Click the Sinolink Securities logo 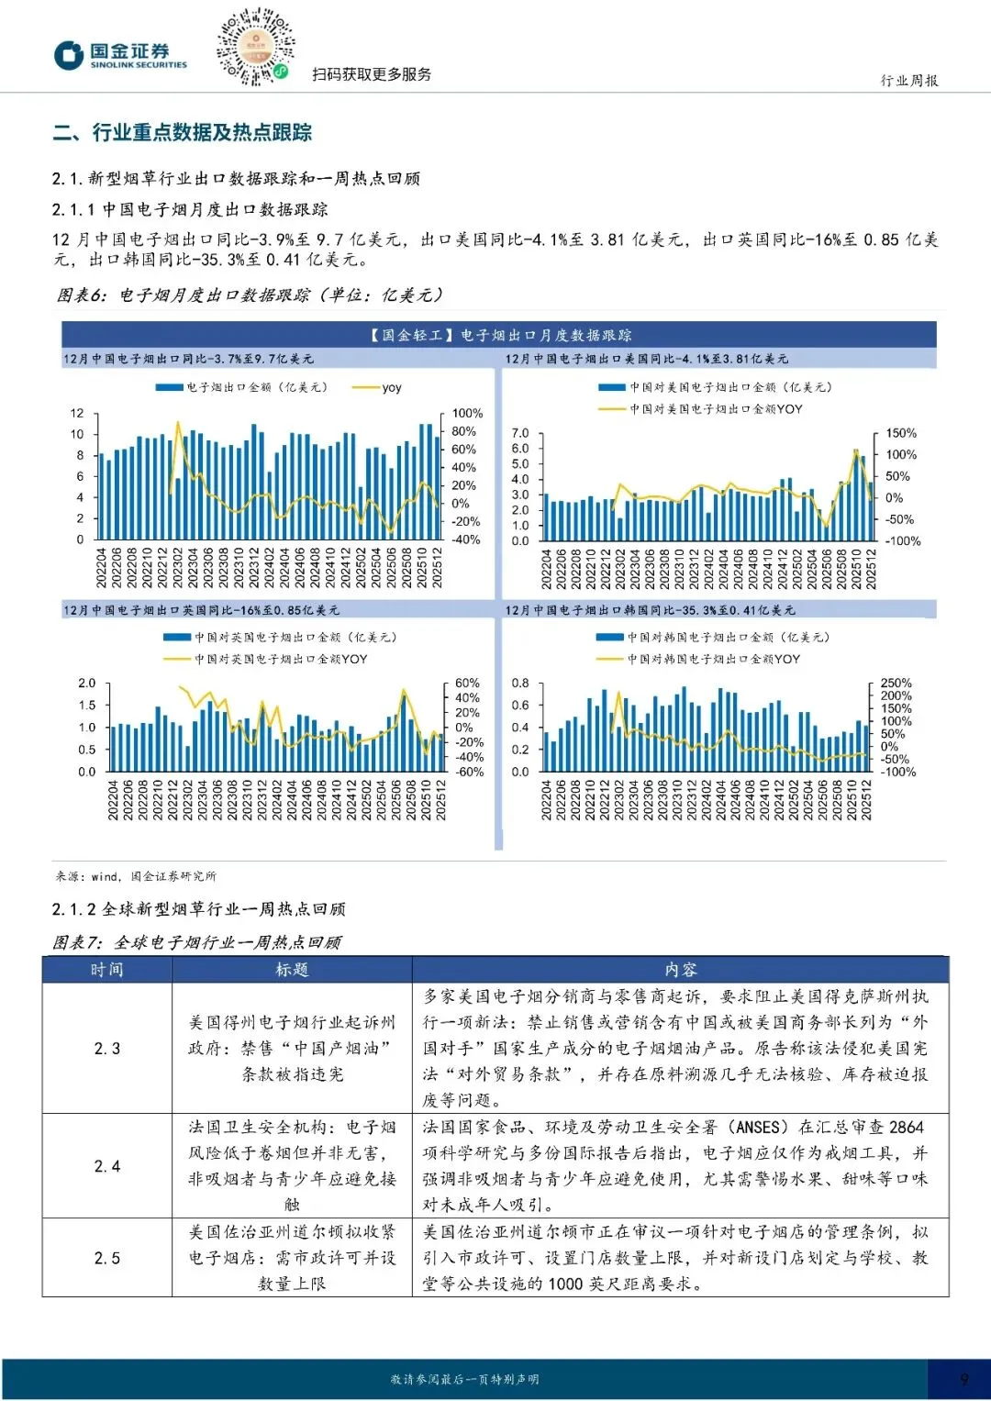(119, 55)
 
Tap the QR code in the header (255, 46)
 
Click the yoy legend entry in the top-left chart (391, 388)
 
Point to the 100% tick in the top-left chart (467, 414)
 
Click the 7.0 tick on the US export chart (520, 433)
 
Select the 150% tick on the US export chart (901, 433)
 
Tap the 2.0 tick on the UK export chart (86, 684)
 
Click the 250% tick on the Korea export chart (896, 684)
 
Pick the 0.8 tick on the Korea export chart (520, 684)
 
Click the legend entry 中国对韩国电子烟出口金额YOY (713, 659)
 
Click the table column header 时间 (106, 970)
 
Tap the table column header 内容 (680, 970)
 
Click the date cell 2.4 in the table (106, 1166)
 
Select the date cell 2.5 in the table (106, 1258)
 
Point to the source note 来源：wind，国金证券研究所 (136, 876)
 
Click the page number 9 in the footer (963, 1379)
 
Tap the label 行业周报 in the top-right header (908, 81)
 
